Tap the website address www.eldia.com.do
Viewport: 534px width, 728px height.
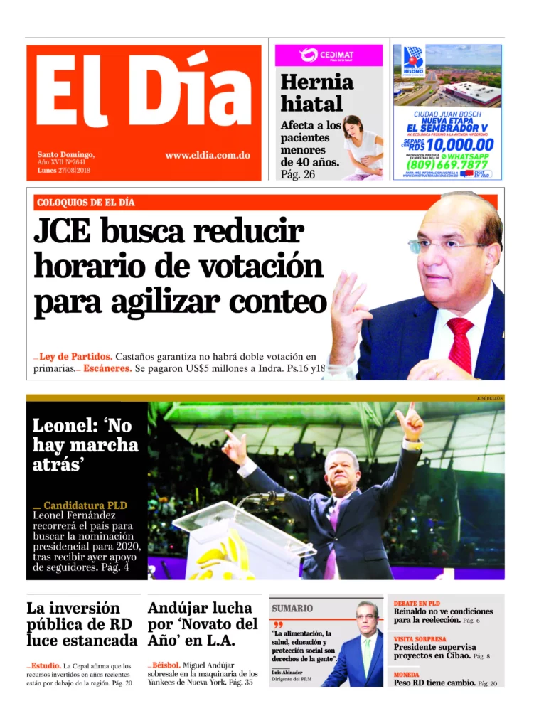pyautogui.click(x=207, y=155)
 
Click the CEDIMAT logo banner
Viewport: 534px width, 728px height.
pyautogui.click(x=329, y=55)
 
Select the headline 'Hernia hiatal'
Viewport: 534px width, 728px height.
pyautogui.click(x=316, y=92)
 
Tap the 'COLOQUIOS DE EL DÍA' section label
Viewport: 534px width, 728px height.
pyautogui.click(x=85, y=203)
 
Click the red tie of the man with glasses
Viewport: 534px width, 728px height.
pyautogui.click(x=461, y=345)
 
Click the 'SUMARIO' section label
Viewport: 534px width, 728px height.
pyautogui.click(x=292, y=608)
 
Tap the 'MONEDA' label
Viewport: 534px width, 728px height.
pyautogui.click(x=407, y=674)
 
